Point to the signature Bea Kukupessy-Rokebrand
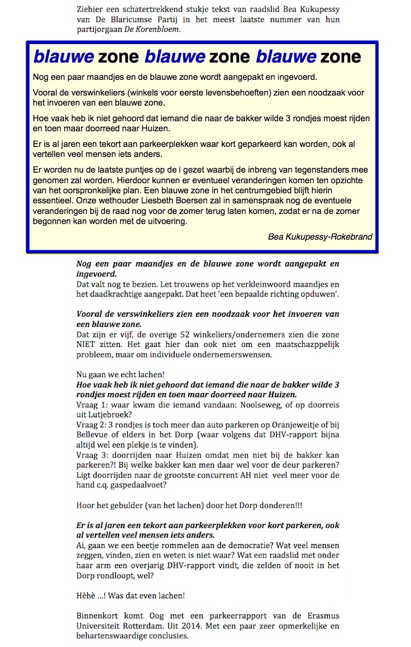[320, 236]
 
